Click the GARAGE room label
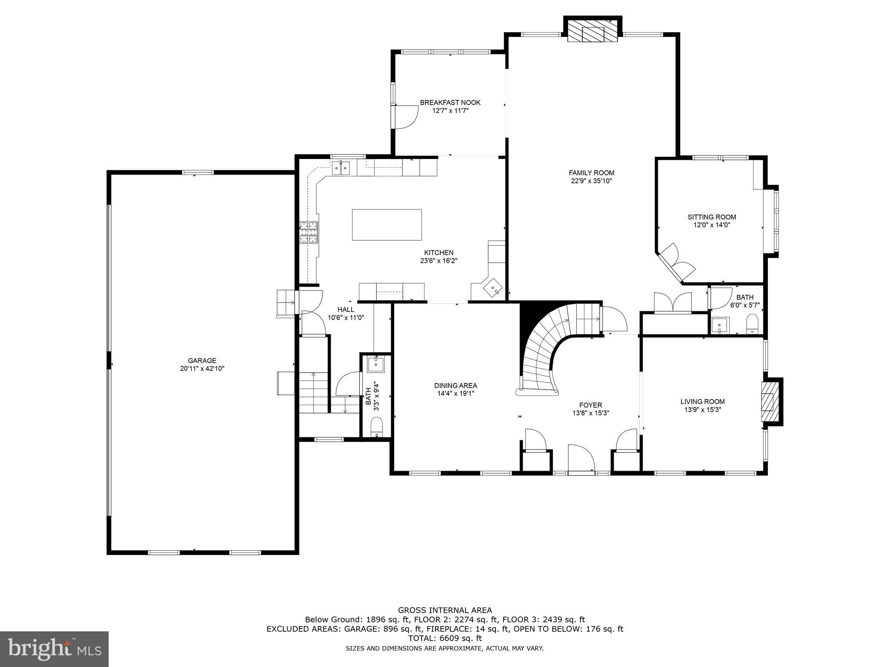(x=202, y=360)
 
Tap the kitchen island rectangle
(x=386, y=225)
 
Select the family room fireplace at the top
(x=592, y=33)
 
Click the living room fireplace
(x=769, y=402)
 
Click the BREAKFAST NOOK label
(x=450, y=102)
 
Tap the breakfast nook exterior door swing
(x=405, y=116)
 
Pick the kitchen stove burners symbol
(x=309, y=232)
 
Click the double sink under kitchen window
(x=341, y=168)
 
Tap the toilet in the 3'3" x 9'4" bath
(x=376, y=427)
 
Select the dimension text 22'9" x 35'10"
(x=591, y=181)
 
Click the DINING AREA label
(x=455, y=385)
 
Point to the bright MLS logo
(x=54, y=649)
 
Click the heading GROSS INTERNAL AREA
(x=445, y=610)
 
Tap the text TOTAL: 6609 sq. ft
(x=445, y=638)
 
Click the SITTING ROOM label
(x=711, y=217)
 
